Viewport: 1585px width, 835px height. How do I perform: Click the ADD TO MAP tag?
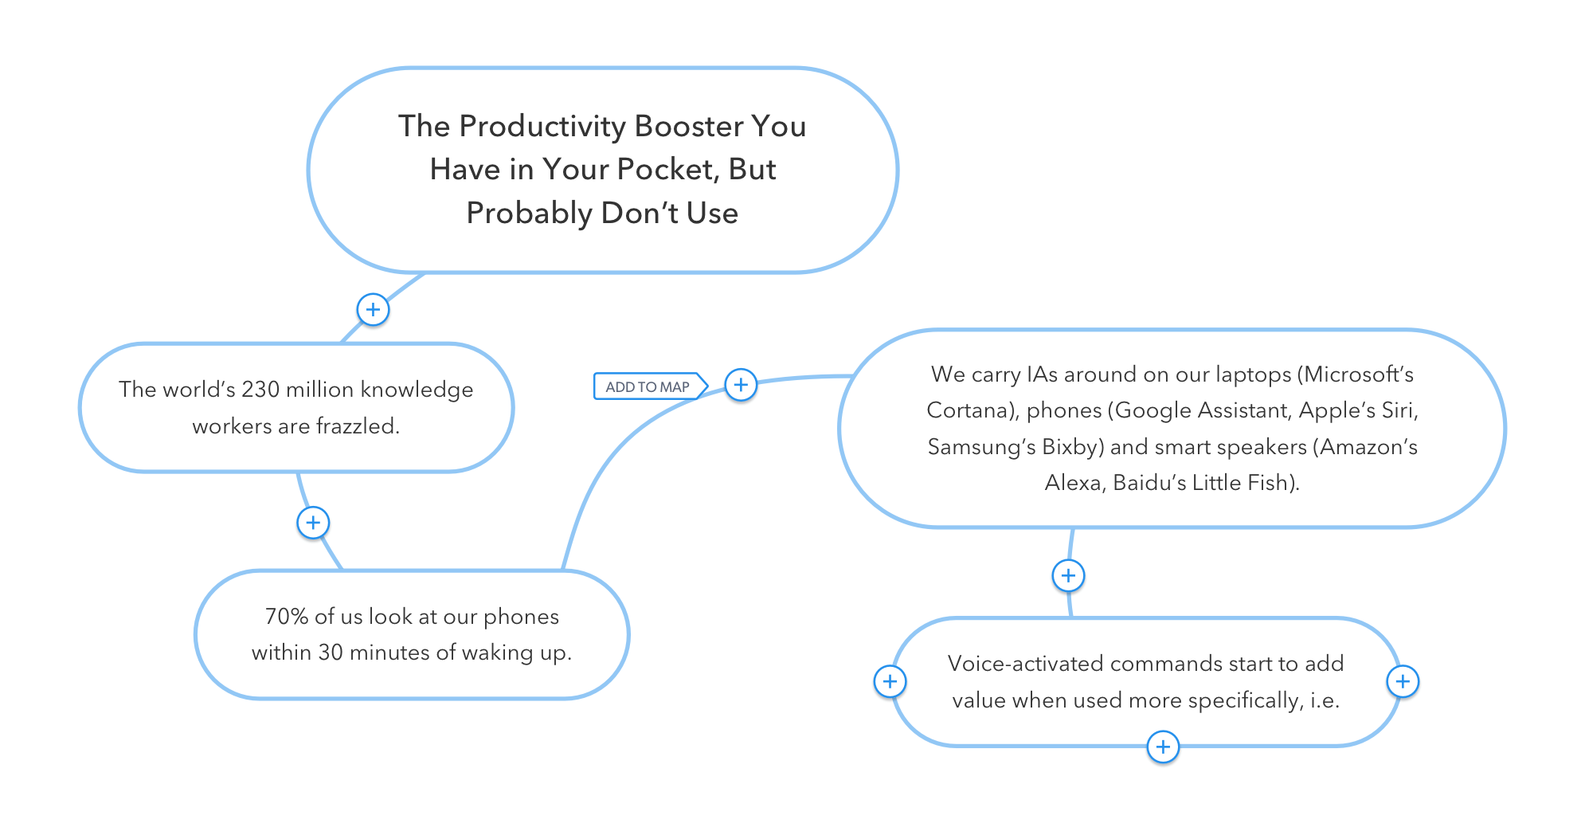click(x=648, y=386)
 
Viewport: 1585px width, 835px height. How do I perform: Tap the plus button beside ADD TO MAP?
click(x=741, y=386)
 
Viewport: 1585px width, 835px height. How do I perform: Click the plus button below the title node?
click(x=373, y=309)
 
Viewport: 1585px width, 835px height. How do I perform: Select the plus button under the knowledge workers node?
click(x=313, y=523)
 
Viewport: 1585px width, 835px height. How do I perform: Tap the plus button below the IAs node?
click(x=1068, y=575)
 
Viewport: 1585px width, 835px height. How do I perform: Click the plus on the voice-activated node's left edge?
click(x=890, y=681)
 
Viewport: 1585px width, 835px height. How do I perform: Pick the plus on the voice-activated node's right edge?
click(x=1403, y=681)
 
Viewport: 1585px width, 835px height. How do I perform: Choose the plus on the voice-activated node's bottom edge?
click(x=1163, y=747)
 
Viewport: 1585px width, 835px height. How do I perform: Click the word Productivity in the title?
click(x=542, y=126)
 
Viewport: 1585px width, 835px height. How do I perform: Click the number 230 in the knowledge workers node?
click(x=260, y=389)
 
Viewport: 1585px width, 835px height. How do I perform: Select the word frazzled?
click(x=358, y=426)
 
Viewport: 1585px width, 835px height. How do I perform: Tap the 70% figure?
click(x=286, y=617)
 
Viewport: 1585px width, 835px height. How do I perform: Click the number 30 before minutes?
click(x=331, y=653)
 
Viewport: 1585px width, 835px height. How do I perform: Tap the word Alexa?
click(x=1073, y=483)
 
